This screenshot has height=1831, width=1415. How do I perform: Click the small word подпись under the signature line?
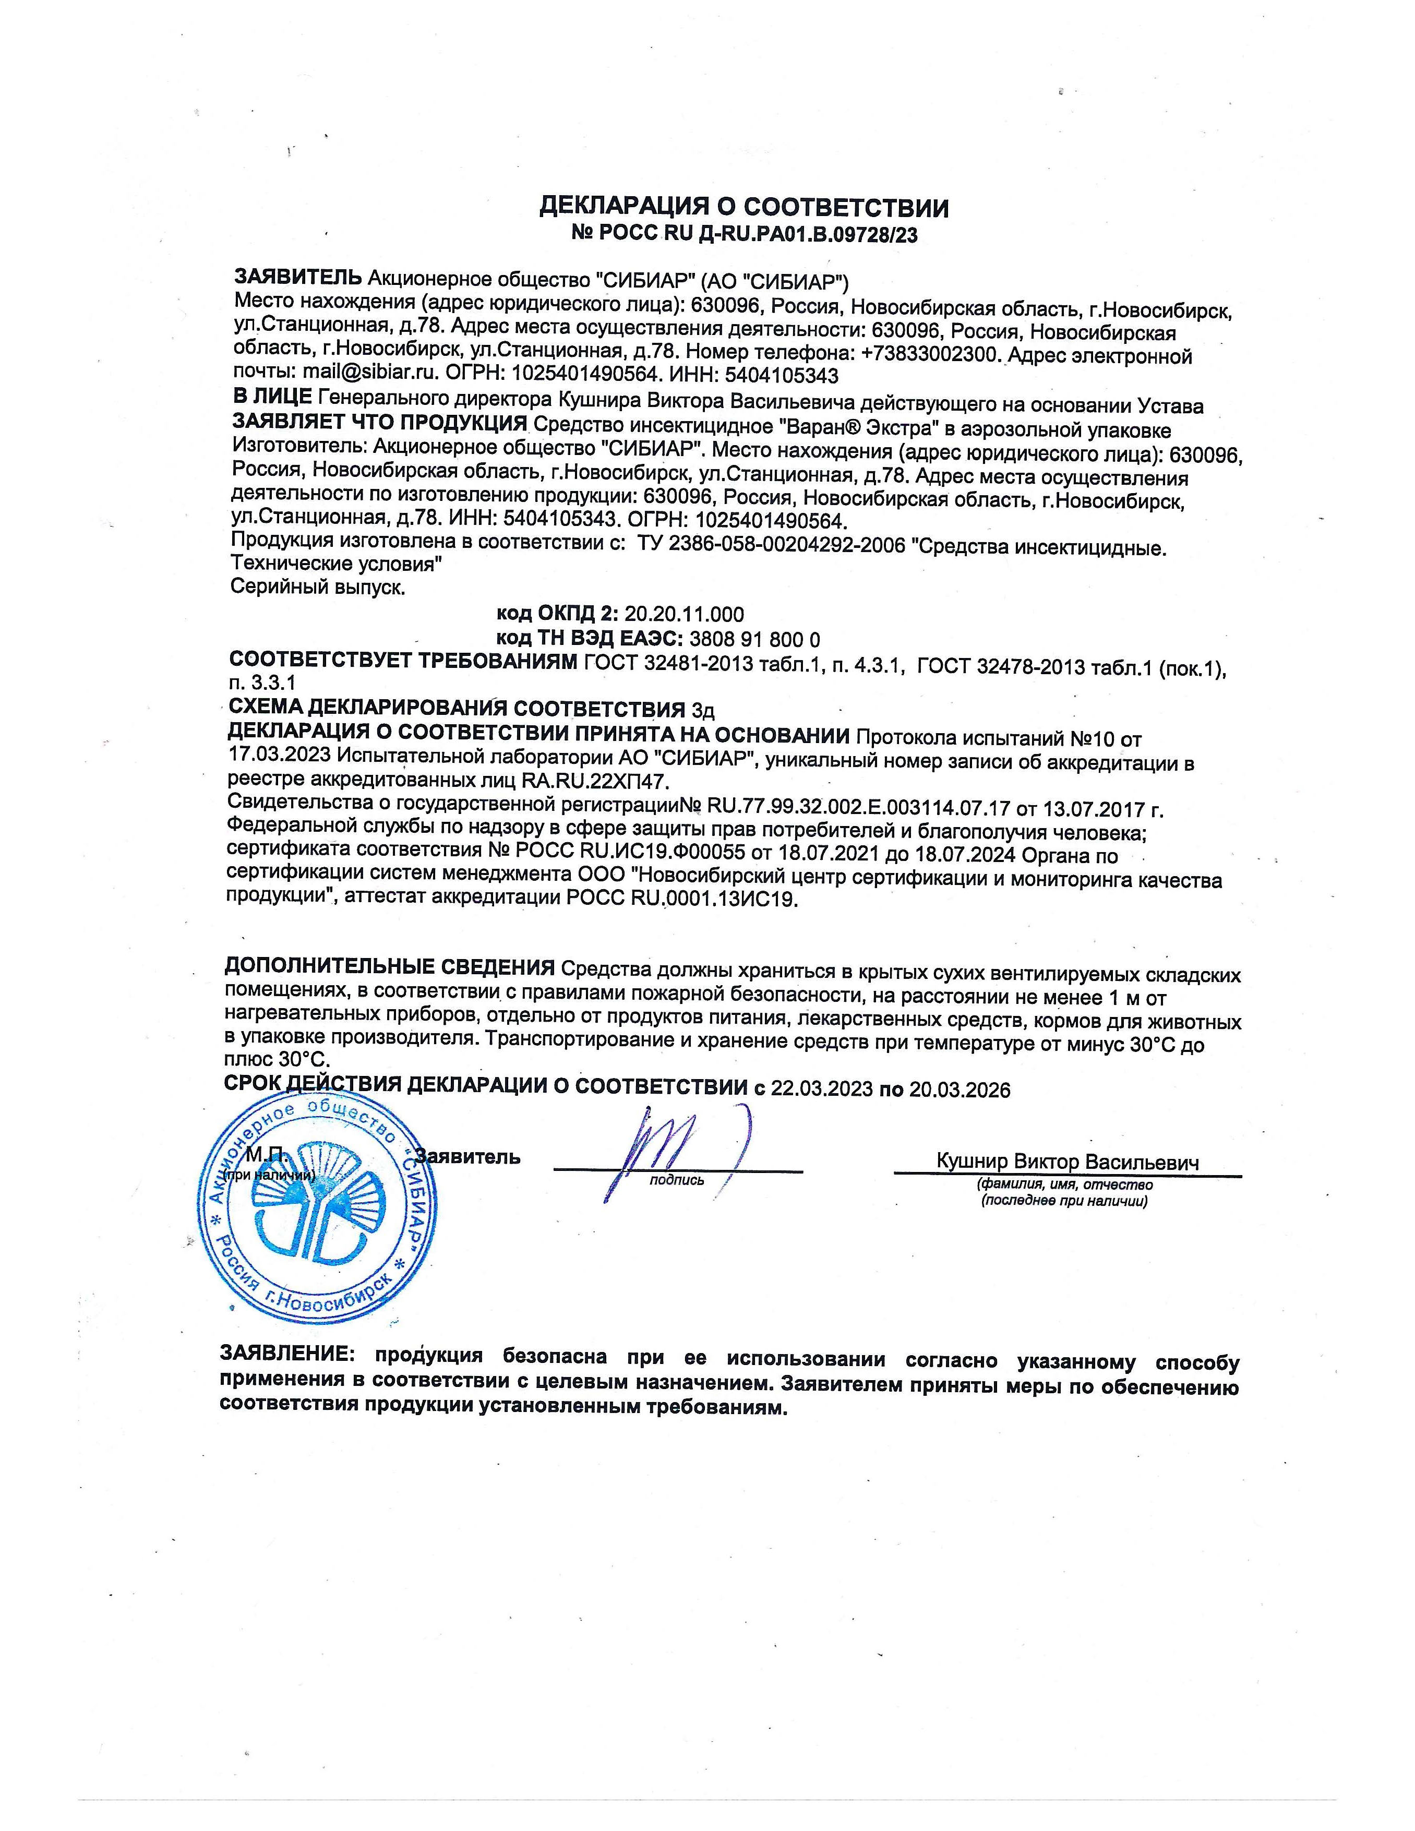677,1180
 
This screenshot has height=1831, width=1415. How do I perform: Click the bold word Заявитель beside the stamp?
468,1157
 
